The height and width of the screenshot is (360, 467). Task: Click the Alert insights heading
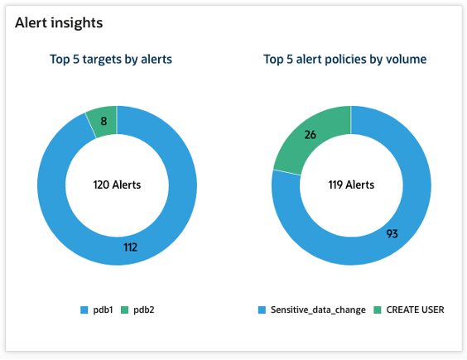59,23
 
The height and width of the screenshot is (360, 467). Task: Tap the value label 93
392,233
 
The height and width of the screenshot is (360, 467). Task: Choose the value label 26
311,134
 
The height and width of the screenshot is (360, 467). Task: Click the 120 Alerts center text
116,185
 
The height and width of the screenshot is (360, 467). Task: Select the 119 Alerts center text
351,185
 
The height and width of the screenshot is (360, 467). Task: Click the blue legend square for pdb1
84,310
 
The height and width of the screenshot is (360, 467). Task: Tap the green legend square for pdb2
125,310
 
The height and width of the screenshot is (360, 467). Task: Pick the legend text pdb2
142,310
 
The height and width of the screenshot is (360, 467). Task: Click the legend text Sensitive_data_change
317,310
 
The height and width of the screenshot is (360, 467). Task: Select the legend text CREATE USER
416,310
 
